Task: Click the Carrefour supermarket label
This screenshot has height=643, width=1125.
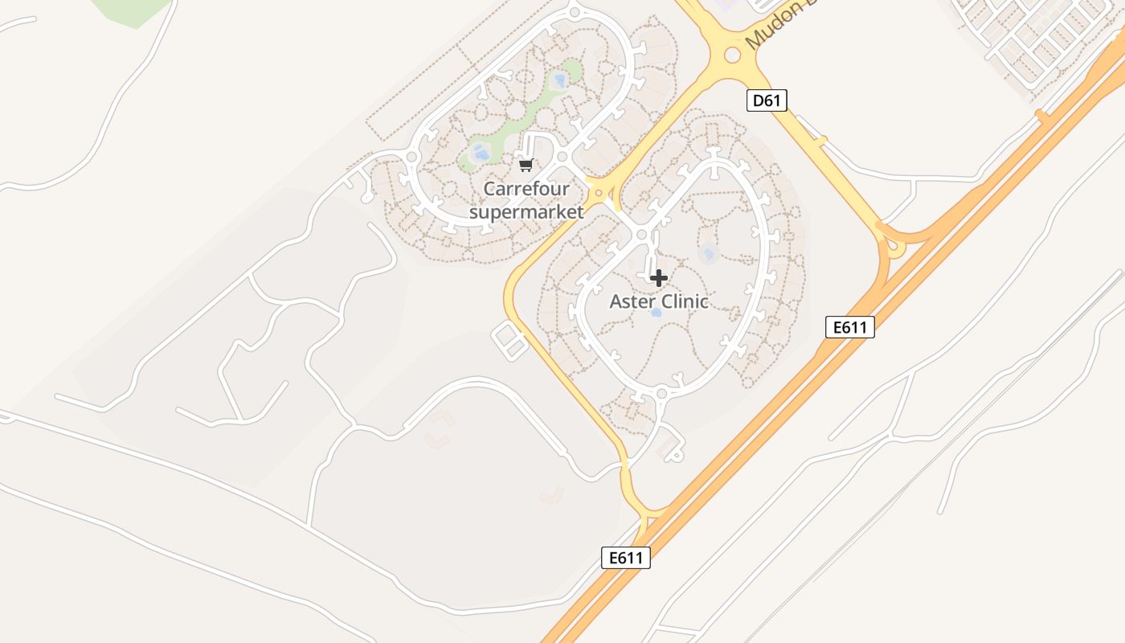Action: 526,200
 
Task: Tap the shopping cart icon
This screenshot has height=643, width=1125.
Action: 526,165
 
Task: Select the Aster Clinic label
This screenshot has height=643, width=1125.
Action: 659,301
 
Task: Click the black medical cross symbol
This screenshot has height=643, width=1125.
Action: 659,278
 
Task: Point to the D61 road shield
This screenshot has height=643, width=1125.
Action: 767,100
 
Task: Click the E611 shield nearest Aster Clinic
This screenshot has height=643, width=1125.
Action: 849,327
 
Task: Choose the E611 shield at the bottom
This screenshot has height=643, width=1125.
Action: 625,558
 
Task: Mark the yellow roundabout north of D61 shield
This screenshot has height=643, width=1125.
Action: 732,55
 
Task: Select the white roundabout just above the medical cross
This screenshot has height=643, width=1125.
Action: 641,235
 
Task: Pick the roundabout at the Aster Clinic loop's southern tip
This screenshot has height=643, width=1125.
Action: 661,394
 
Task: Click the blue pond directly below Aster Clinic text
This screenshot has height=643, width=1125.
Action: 657,312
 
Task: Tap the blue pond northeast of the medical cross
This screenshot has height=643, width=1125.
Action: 708,255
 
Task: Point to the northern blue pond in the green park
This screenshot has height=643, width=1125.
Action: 560,80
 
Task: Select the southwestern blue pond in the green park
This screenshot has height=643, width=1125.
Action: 481,151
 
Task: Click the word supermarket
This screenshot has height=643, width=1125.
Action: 526,212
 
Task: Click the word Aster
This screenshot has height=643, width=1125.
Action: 631,301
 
